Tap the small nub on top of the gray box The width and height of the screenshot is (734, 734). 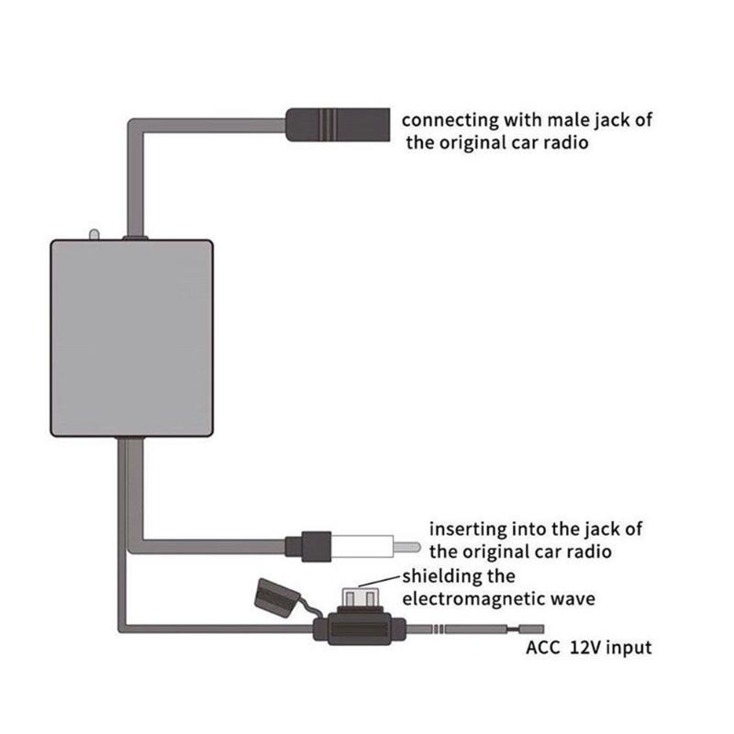point(93,235)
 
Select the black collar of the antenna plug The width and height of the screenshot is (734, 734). point(307,547)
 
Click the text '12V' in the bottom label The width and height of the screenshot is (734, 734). point(588,648)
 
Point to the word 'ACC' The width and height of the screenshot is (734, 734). point(543,648)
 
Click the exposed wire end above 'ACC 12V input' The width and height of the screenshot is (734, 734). point(531,629)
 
